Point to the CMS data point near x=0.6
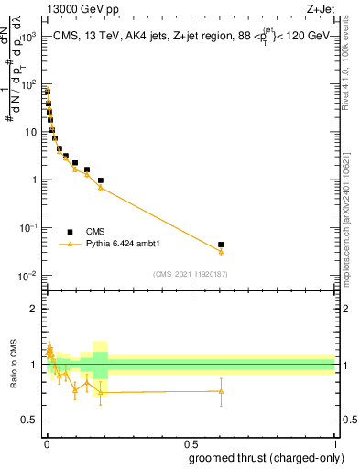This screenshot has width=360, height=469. click(x=221, y=245)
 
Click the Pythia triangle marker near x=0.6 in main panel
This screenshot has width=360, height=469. click(x=221, y=252)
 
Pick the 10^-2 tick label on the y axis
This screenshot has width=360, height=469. click(x=27, y=276)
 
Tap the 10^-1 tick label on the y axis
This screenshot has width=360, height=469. click(x=27, y=228)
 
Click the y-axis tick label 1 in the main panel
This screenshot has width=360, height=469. click(x=34, y=180)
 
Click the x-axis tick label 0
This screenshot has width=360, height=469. click(x=47, y=442)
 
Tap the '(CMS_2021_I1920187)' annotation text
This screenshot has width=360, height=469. click(x=190, y=274)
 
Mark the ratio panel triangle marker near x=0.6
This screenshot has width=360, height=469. click(x=221, y=391)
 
